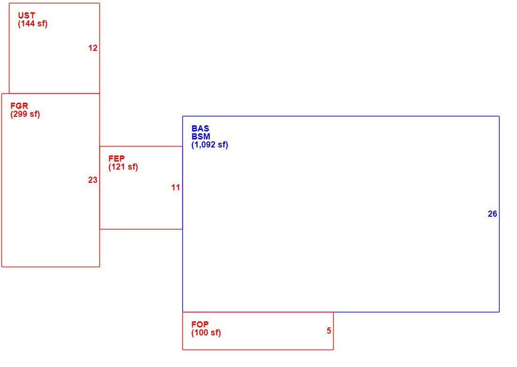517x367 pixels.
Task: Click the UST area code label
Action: (26, 16)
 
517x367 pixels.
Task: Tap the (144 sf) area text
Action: (33, 24)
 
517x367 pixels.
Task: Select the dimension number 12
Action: (93, 48)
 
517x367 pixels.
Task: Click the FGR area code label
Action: (19, 106)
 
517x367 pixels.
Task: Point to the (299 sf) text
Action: (25, 114)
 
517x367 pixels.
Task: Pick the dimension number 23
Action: (93, 179)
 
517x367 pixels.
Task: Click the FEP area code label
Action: (116, 159)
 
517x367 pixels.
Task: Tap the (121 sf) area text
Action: (123, 167)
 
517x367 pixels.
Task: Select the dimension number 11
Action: (175, 188)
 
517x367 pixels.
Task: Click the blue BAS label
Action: (200, 129)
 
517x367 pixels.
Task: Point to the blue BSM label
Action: (201, 137)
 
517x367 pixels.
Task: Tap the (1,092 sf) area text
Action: (210, 145)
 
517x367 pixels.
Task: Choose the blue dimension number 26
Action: (492, 214)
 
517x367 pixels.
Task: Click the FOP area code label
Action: (200, 325)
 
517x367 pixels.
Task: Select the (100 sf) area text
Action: (206, 333)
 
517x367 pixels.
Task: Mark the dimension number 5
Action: (329, 331)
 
